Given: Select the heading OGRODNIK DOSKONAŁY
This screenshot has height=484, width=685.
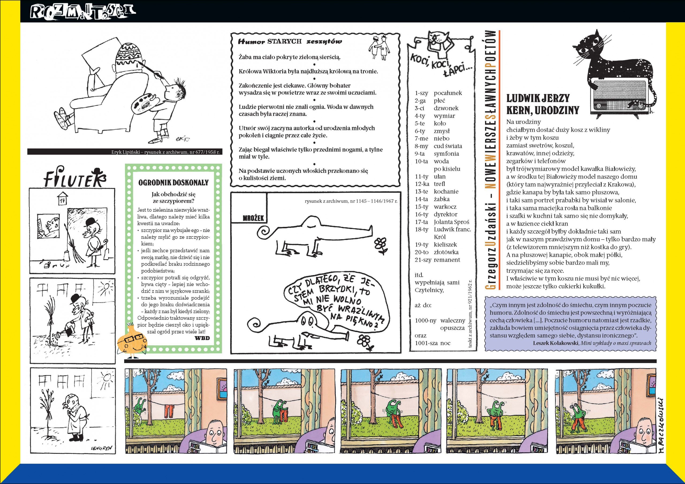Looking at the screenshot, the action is [x=173, y=182].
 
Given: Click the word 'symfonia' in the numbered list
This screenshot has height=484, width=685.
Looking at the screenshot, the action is [x=446, y=154].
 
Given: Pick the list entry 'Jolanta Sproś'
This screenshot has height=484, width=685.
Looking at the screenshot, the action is [x=451, y=222].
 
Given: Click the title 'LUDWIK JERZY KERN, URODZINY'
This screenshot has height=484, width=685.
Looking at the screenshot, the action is [x=543, y=104].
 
